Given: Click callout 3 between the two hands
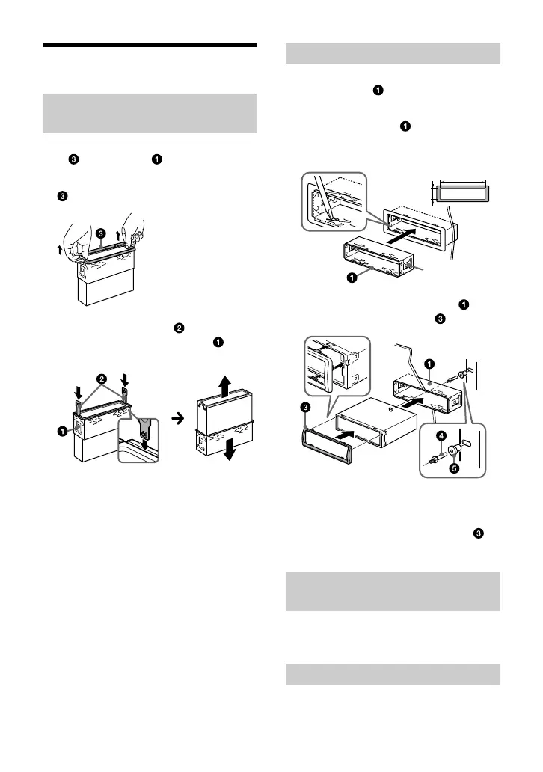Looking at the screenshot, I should tap(99, 233).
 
